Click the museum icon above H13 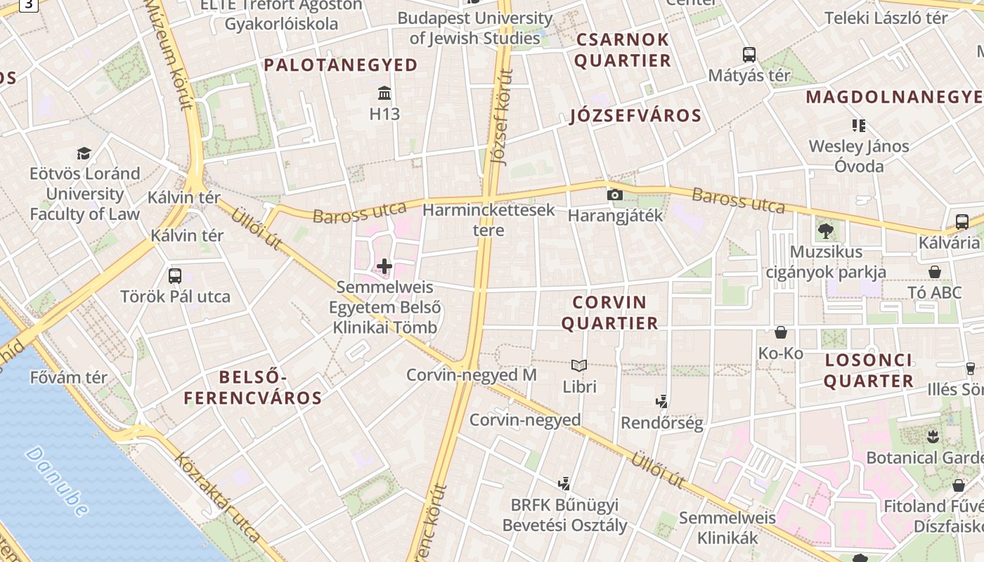pos(384,93)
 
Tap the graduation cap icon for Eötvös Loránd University pos(84,153)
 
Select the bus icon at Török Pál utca pos(175,276)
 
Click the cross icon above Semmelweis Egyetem pos(384,266)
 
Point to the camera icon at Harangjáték pos(615,195)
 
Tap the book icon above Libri pos(579,366)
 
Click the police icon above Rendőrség pos(661,402)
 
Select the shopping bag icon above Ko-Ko pos(781,332)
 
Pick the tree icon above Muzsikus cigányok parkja pos(825,230)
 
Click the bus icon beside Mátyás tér pos(749,54)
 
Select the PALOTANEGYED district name pos(341,65)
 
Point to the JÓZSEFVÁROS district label pos(635,116)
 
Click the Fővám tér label pos(69,377)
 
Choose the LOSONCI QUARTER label pos(869,371)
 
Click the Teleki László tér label pos(886,18)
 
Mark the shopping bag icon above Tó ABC pos(935,272)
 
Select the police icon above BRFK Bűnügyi pos(563,483)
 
